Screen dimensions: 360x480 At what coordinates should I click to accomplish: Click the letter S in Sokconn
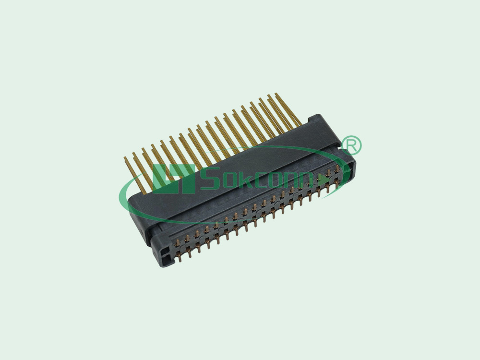coord(209,179)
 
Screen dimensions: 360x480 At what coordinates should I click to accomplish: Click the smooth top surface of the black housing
coord(240,192)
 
